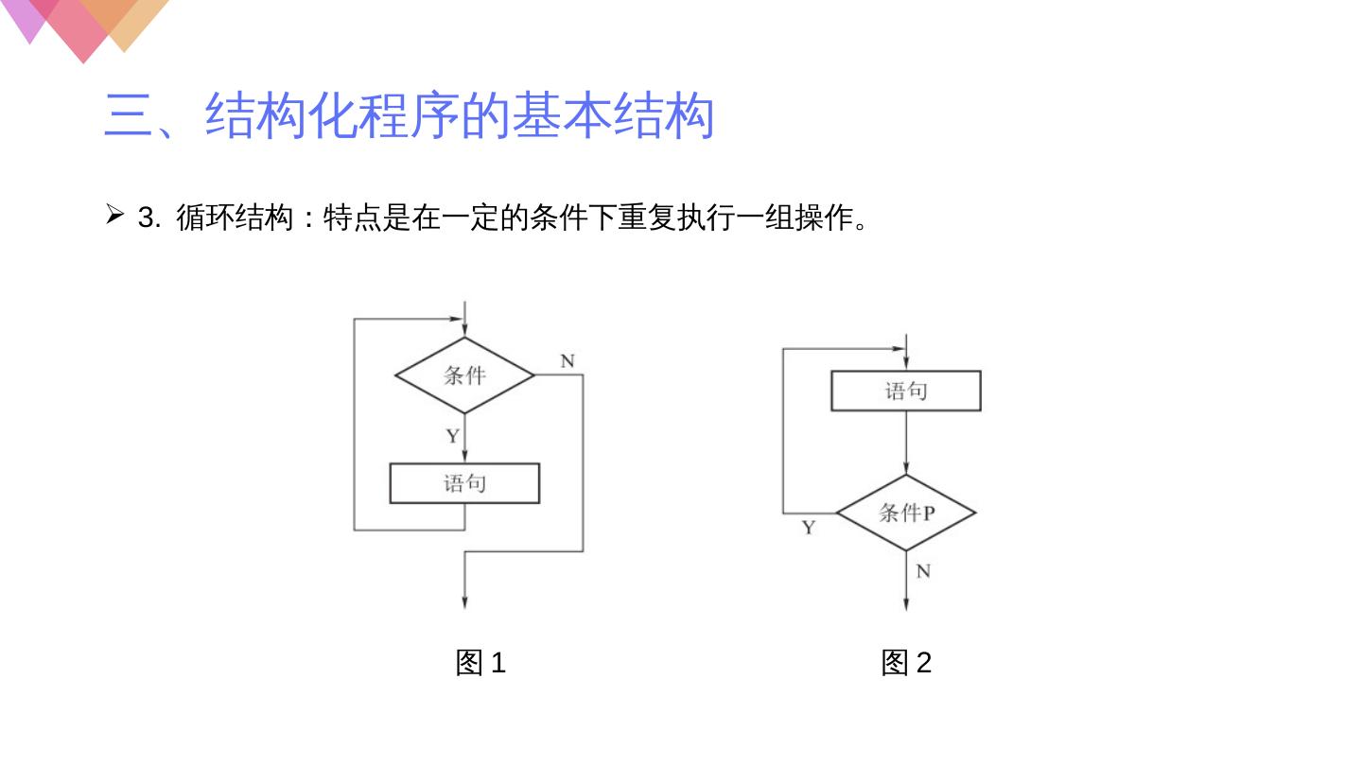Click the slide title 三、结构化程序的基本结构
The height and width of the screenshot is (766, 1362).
409,115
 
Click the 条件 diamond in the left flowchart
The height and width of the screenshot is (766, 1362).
464,375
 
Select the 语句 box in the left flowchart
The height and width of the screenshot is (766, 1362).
464,483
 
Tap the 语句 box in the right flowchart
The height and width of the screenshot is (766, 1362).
905,391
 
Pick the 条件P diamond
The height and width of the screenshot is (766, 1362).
905,513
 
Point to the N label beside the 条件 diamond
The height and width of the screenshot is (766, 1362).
567,361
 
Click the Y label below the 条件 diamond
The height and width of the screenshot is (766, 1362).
453,436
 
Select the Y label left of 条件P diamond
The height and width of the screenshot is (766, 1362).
809,528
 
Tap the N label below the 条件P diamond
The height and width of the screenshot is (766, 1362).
923,571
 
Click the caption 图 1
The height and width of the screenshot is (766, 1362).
480,663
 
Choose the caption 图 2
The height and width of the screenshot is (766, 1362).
906,663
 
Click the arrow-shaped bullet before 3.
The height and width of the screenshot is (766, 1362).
114,217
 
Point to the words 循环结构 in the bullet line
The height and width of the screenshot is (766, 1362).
235,218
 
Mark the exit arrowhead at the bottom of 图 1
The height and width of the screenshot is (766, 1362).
464,601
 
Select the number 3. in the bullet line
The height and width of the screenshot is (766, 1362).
149,218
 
